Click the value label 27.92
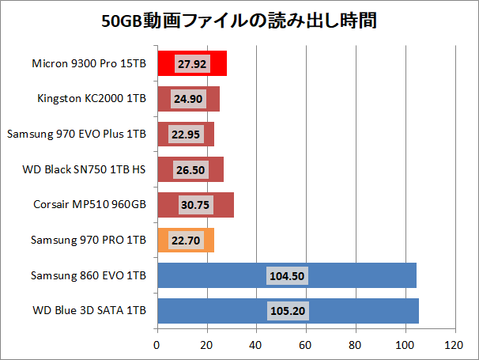(x=191, y=64)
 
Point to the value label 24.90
(x=188, y=99)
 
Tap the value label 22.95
(x=186, y=135)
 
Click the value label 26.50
(x=190, y=169)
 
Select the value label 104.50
(x=287, y=275)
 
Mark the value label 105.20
(x=288, y=311)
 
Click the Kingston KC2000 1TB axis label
(x=92, y=99)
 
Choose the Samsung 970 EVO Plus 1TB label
(x=77, y=135)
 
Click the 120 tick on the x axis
(x=454, y=346)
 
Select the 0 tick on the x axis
(x=157, y=346)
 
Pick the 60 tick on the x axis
(x=306, y=346)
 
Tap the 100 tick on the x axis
(x=405, y=346)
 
